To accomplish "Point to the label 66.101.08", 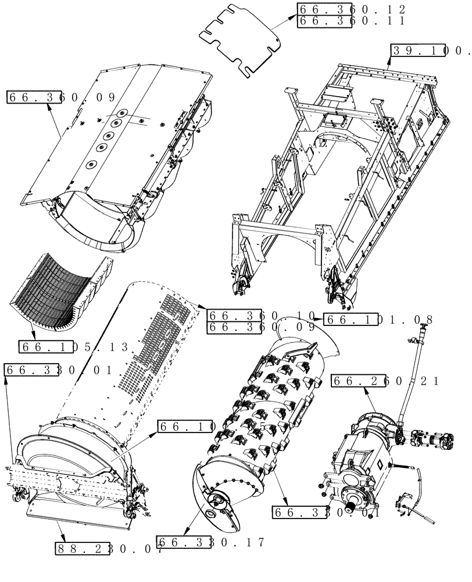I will point(378,320).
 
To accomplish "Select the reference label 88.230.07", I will point(109,548).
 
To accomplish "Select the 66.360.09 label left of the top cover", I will point(61,97).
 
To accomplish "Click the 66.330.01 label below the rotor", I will point(325,513).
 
